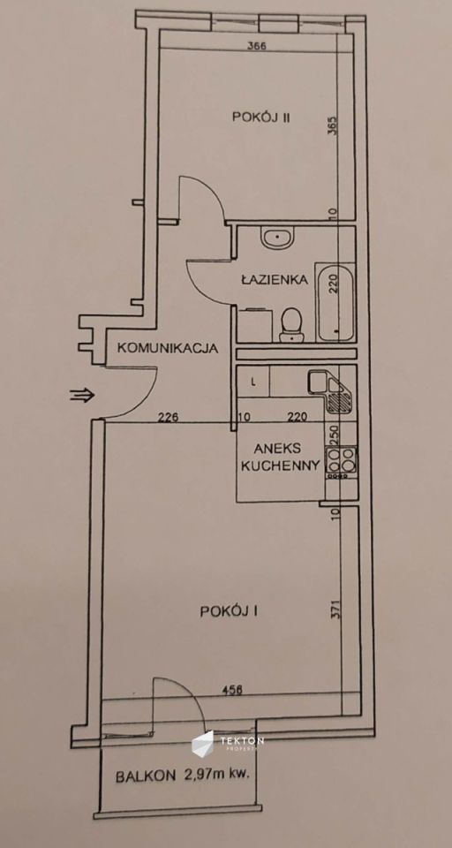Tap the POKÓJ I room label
click(235, 610)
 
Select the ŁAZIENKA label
click(274, 280)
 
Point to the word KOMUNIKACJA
click(168, 348)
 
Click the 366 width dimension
click(258, 47)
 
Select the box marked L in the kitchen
click(254, 382)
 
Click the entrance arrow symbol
click(81, 396)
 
